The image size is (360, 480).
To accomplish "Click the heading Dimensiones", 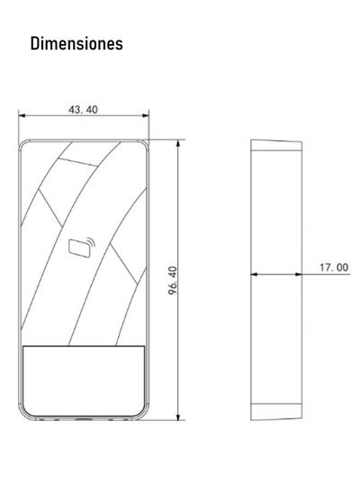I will point(76,43).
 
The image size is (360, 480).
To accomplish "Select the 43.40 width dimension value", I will point(84,110).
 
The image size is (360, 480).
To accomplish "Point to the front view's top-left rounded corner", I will point(23,145).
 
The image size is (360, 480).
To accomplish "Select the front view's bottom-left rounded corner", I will point(23,414).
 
